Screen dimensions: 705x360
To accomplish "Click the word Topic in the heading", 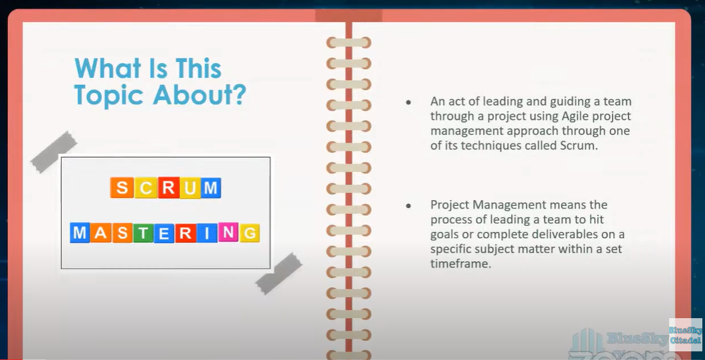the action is pyautogui.click(x=110, y=94).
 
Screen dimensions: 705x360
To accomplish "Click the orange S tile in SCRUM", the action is pyautogui.click(x=121, y=188).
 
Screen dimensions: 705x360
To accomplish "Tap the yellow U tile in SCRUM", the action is pyautogui.click(x=189, y=188).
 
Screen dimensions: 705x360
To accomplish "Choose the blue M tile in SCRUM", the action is pyautogui.click(x=210, y=188).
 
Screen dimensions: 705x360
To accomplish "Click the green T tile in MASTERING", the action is pyautogui.click(x=143, y=233).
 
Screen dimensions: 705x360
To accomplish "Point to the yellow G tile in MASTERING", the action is pyautogui.click(x=250, y=233).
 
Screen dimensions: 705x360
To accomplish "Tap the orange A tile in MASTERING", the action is pyautogui.click(x=101, y=233).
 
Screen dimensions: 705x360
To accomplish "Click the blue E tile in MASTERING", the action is pyautogui.click(x=164, y=233).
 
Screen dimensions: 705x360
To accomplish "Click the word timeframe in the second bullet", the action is pyautogui.click(x=459, y=264).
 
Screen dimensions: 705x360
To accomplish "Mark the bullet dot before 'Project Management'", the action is pyautogui.click(x=408, y=206).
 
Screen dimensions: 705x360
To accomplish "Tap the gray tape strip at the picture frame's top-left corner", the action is pyautogui.click(x=54, y=151).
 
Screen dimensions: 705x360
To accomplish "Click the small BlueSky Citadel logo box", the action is pyautogui.click(x=685, y=335).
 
